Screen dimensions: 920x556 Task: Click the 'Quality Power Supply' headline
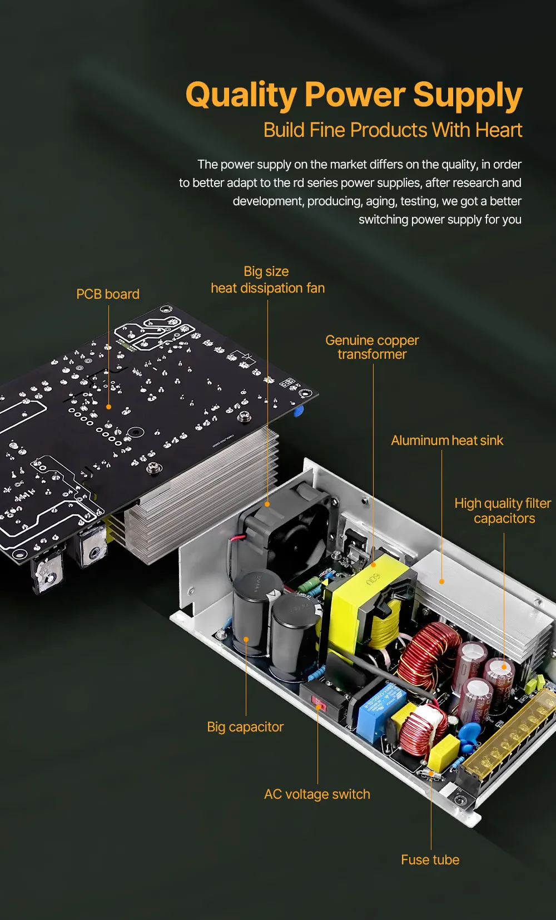(x=354, y=95)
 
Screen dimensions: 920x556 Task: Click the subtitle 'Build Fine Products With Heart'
(x=393, y=130)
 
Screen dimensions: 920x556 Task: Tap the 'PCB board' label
(x=108, y=294)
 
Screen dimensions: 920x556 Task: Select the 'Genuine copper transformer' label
(x=372, y=347)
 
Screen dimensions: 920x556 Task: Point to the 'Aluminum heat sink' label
(x=446, y=441)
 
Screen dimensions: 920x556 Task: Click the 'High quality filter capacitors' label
(x=503, y=511)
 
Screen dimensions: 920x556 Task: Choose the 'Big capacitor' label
(x=245, y=727)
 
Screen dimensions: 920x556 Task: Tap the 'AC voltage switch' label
(x=317, y=794)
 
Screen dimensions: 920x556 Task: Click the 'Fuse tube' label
(x=430, y=860)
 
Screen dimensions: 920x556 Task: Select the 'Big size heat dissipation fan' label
(x=267, y=280)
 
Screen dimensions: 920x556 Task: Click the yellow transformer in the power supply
(x=361, y=601)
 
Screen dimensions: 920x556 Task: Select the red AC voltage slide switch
(x=319, y=705)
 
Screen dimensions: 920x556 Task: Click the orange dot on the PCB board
(x=109, y=407)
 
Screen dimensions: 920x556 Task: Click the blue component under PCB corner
(x=299, y=412)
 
